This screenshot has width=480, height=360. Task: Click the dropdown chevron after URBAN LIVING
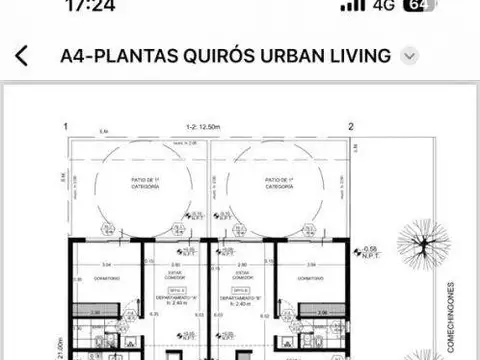408,56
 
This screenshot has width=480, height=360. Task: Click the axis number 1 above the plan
65,127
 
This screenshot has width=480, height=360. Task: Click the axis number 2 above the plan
351,127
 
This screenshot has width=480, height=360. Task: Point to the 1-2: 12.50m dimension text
208,127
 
